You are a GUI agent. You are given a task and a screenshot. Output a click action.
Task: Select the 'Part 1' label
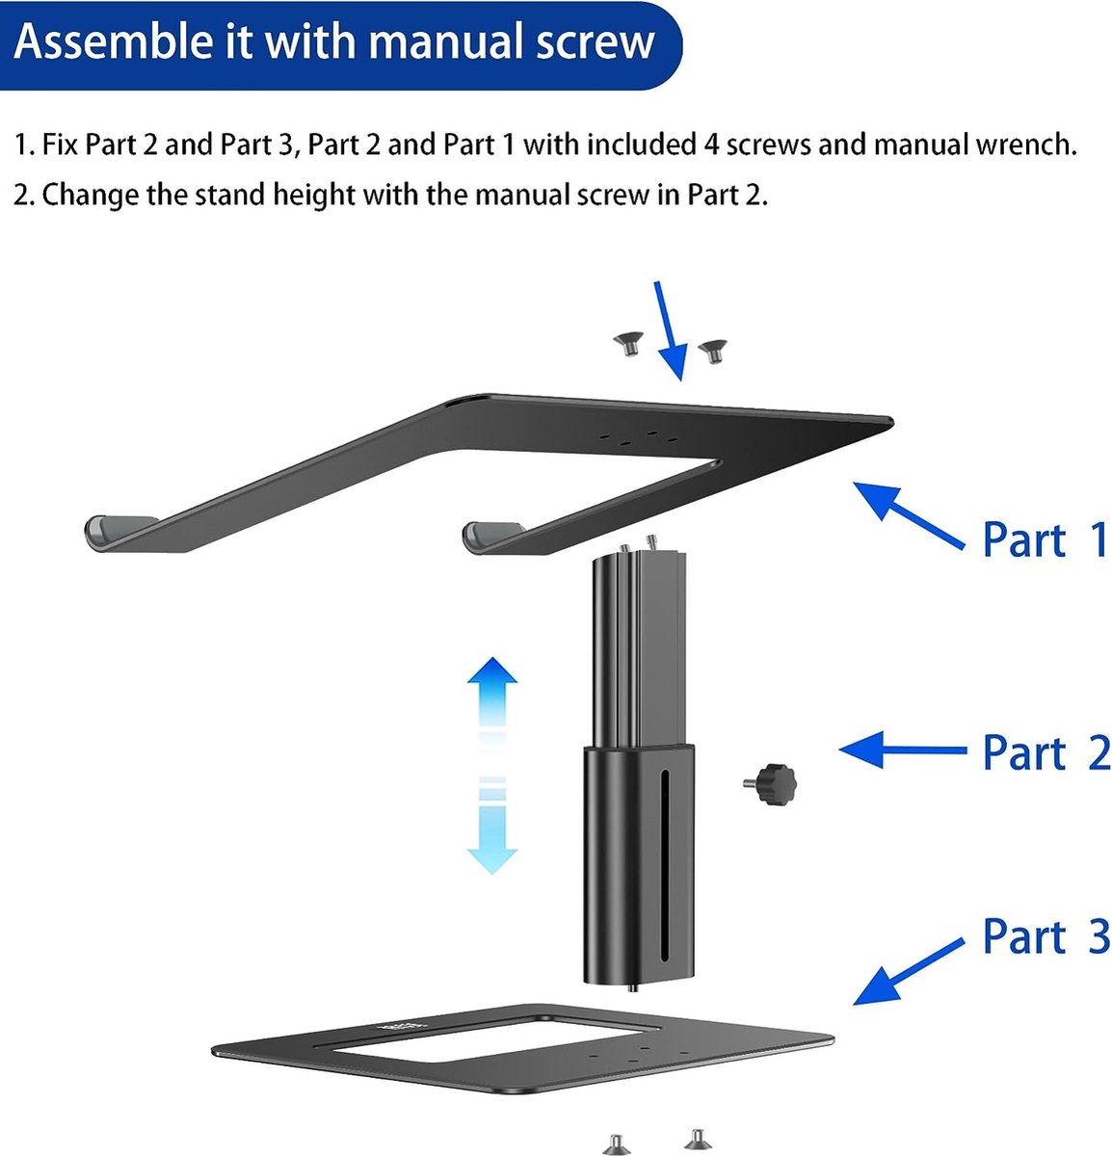[x=1046, y=539]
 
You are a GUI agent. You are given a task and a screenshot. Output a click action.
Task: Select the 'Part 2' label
[x=1046, y=752]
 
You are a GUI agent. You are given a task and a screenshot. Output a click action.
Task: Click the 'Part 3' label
[x=1046, y=936]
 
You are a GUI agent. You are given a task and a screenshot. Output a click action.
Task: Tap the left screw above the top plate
[x=628, y=344]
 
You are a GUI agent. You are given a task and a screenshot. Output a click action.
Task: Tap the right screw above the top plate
[x=712, y=351]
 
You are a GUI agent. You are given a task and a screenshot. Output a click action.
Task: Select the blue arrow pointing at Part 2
[x=901, y=749]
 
